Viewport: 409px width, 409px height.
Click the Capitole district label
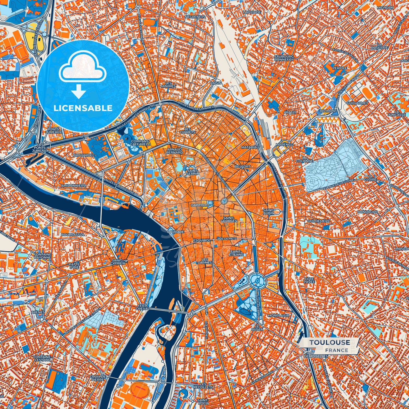click(x=199, y=205)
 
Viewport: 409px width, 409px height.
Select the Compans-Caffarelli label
click(x=140, y=142)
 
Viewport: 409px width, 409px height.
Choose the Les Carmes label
click(x=205, y=261)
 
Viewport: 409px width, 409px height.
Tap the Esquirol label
click(x=202, y=240)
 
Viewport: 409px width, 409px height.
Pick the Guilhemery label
click(x=318, y=221)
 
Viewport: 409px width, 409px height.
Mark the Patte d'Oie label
click(x=74, y=265)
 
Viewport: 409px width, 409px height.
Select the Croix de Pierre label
click(x=97, y=378)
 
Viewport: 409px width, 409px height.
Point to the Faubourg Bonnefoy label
click(x=284, y=58)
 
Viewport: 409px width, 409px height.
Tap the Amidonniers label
click(x=73, y=185)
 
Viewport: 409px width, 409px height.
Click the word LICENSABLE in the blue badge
click(x=83, y=108)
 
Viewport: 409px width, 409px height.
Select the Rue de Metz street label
click(x=226, y=239)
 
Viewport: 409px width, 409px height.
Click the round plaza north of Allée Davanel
click(x=257, y=280)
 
